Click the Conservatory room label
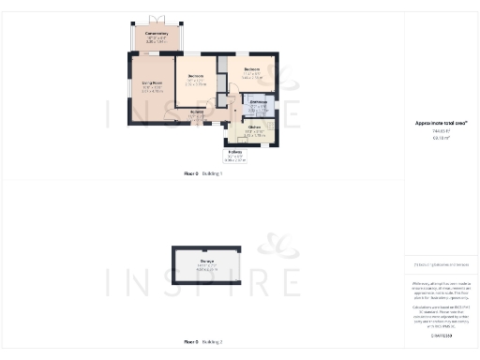click(157, 37)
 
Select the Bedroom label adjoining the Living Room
click(196, 77)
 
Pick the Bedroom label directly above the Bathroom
click(252, 70)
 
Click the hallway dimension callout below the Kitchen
click(235, 156)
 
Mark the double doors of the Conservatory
click(157, 20)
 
